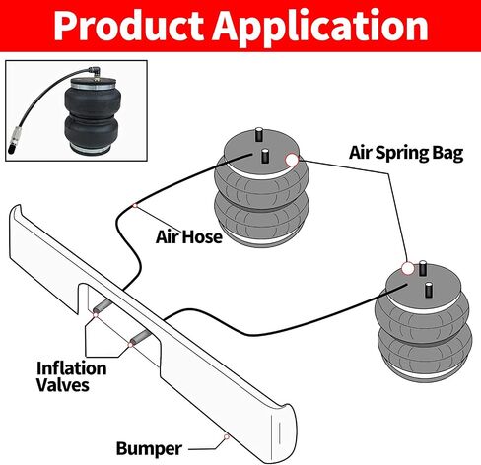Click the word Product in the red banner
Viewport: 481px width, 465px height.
coord(128,26)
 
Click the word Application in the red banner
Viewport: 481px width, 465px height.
coord(320,28)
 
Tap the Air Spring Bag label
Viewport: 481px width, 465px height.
coord(406,153)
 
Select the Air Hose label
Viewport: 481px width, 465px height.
coord(189,236)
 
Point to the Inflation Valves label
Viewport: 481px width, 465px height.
coord(71,376)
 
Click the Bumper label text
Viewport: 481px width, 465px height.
coord(149,448)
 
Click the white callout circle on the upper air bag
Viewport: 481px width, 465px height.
coord(292,160)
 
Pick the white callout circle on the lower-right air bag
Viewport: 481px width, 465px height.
coord(408,268)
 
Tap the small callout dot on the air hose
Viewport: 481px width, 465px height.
coord(135,205)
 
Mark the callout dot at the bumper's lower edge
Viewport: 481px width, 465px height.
coord(227,436)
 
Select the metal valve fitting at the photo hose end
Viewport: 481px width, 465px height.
coord(15,141)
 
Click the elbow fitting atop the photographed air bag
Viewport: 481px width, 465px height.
coord(95,72)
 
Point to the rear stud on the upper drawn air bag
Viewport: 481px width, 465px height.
coord(259,134)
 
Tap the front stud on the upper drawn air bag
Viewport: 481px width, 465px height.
coord(265,156)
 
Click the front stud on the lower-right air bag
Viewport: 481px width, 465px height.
coord(428,290)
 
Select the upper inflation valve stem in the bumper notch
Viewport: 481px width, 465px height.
coord(103,306)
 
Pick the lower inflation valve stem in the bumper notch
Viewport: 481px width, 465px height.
coord(141,337)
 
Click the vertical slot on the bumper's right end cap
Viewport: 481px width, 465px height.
coord(280,432)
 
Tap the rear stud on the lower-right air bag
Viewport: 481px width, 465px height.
coord(423,268)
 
